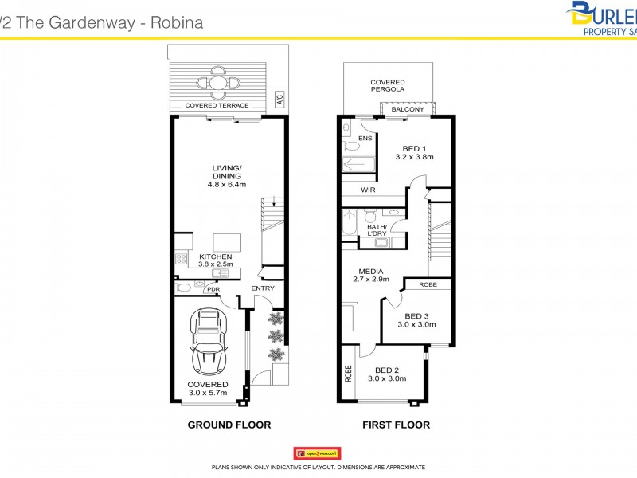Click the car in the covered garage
tap(208, 342)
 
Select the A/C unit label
tap(279, 100)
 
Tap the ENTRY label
tap(262, 288)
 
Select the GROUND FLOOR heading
tap(229, 425)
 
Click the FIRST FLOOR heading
tap(396, 425)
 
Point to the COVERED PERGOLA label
tap(387, 86)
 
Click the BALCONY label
tap(407, 109)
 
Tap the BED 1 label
tap(414, 149)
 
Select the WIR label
tap(367, 190)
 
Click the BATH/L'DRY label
tap(378, 230)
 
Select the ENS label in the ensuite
tap(365, 139)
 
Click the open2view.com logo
tap(317, 452)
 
